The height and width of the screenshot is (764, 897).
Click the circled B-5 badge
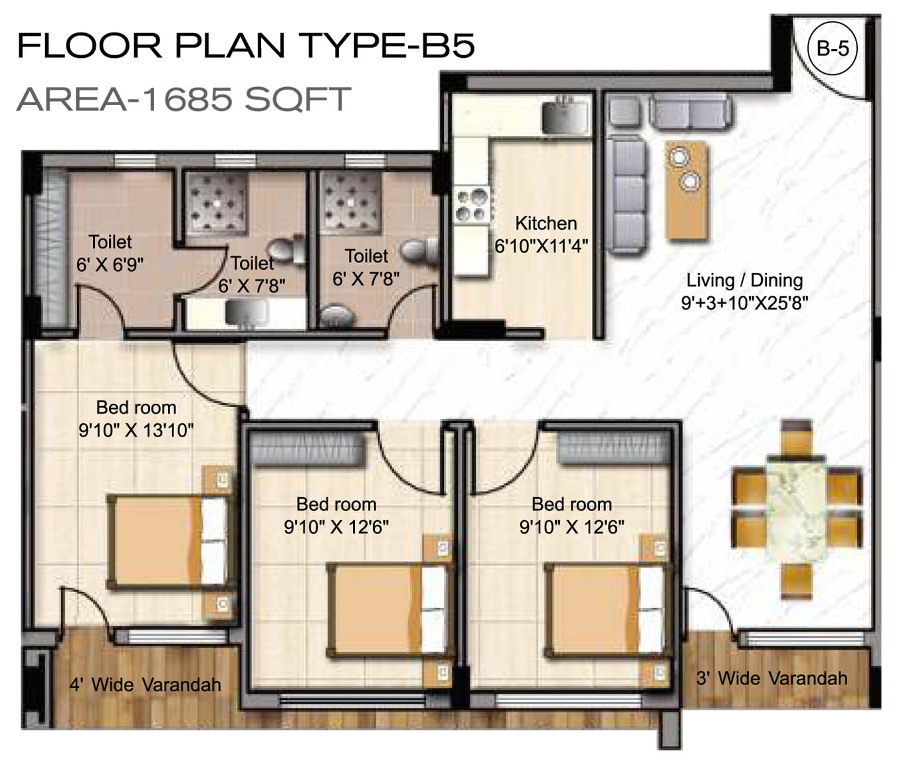[833, 48]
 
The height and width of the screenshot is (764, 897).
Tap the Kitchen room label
[546, 223]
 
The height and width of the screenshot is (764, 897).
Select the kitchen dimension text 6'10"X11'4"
[541, 246]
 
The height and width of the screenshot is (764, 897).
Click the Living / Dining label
[744, 280]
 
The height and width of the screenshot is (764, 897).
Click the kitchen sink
[564, 116]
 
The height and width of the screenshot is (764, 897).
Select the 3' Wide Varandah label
[771, 678]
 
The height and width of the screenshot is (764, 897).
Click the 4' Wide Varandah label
[146, 685]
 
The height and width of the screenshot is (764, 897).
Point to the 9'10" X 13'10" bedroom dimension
[136, 430]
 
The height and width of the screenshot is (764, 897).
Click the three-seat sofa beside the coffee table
[627, 195]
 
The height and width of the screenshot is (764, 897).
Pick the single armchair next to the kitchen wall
[625, 111]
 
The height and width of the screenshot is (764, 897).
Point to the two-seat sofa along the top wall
[690, 112]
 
